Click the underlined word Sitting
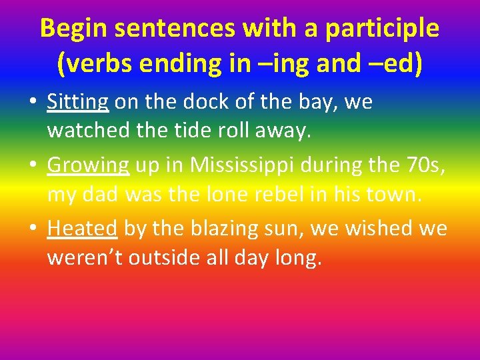click(77, 102)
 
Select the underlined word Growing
click(88, 165)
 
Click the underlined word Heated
click(82, 228)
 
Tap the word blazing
click(217, 228)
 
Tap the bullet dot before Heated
click(33, 229)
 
